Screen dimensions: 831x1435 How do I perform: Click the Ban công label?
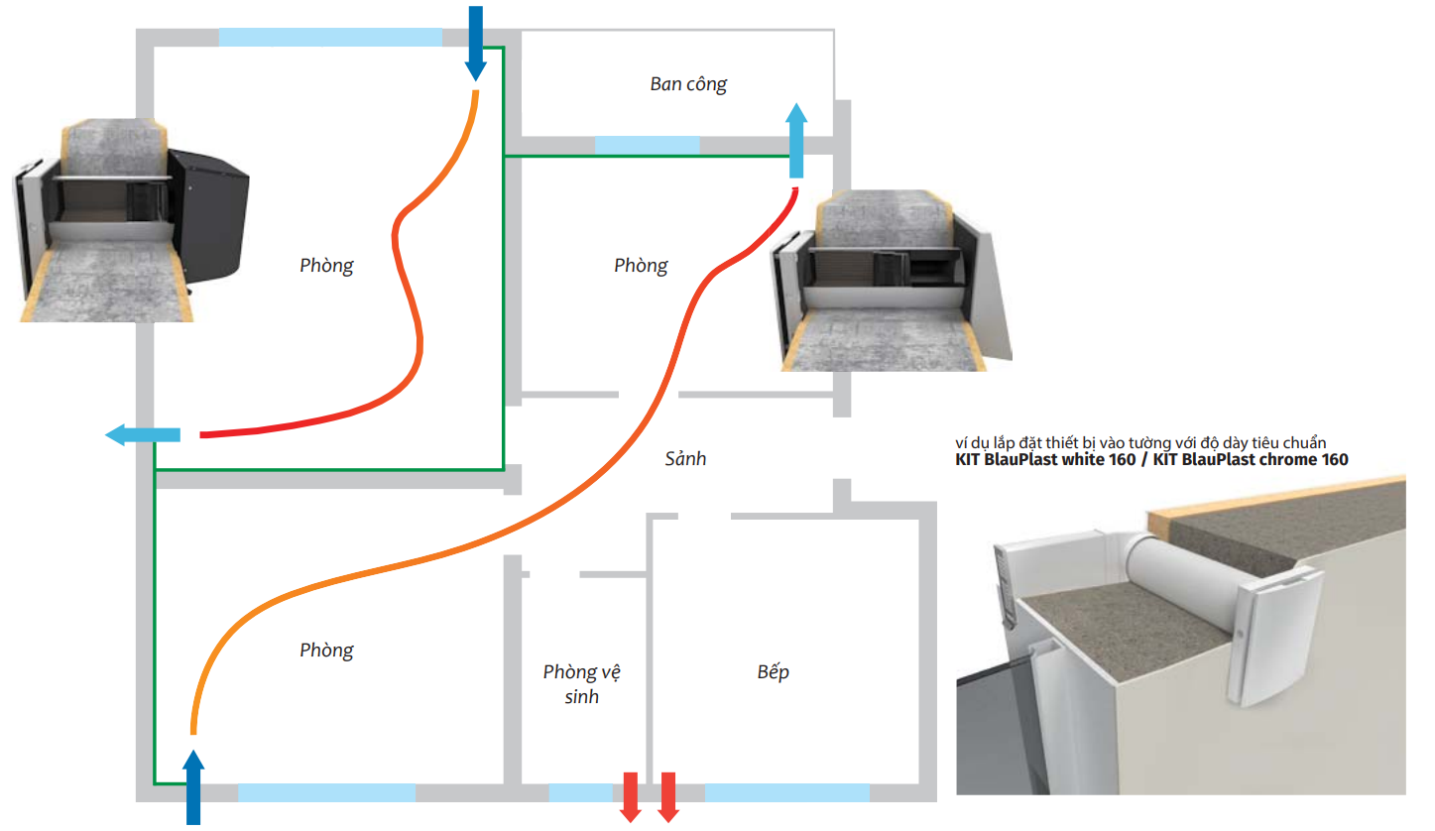688,84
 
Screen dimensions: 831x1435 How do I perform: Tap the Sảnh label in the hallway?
685,459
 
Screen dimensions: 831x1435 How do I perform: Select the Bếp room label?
773,672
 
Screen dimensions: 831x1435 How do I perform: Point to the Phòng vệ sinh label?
582,684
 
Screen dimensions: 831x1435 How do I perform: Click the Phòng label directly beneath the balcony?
641,266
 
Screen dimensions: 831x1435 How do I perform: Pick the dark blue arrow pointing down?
476,44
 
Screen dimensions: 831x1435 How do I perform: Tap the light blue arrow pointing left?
143,434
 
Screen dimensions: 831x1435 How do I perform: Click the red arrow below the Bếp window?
667,796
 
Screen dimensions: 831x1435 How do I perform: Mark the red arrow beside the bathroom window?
630,796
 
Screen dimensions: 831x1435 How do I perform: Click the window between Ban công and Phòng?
647,145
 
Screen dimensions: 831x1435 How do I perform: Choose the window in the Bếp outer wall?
787,792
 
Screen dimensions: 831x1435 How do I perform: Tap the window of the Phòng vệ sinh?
580,792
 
